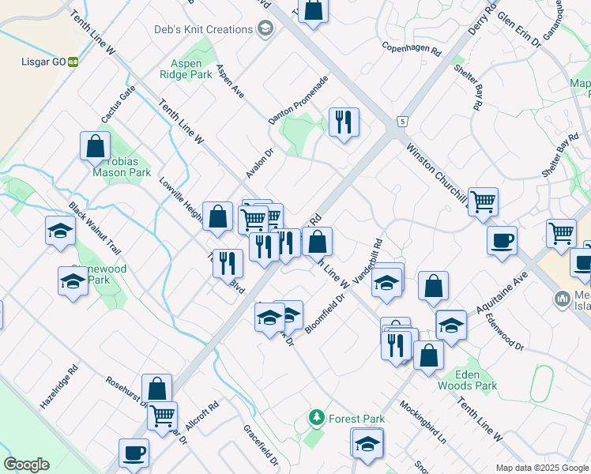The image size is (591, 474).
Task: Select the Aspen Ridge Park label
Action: click(190, 70)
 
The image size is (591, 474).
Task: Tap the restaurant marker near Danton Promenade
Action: click(343, 123)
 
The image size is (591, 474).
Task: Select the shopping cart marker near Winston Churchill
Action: click(482, 201)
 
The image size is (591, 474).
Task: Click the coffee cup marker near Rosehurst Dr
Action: click(134, 453)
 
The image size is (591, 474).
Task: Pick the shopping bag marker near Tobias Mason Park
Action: click(95, 145)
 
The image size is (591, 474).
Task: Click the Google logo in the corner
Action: click(26, 465)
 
